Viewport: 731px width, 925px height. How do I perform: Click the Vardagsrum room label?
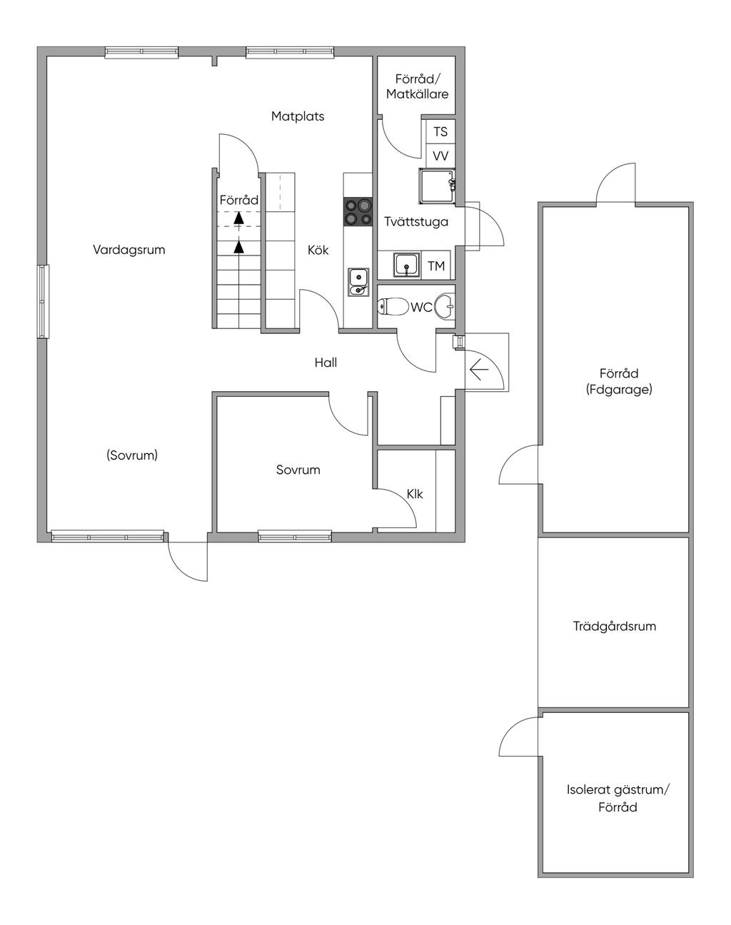[x=129, y=250]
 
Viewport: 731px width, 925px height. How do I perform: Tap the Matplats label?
[x=298, y=116]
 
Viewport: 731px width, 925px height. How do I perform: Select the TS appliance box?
[x=440, y=131]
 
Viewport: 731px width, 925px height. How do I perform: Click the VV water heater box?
[x=440, y=156]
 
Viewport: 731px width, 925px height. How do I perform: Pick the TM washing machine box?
[x=435, y=266]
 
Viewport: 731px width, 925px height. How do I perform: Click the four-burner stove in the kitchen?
[x=358, y=212]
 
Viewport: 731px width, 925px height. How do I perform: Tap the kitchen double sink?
[x=358, y=282]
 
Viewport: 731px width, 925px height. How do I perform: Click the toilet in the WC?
[x=393, y=307]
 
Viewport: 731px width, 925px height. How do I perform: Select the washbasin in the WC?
[x=445, y=306]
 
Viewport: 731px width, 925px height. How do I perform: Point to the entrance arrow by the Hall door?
[x=479, y=370]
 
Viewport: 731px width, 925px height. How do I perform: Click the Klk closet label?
[x=415, y=495]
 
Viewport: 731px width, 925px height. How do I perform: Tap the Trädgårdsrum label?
[x=615, y=626]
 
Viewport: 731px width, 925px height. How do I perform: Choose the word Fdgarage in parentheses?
[x=619, y=390]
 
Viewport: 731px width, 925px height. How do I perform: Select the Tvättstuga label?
[x=415, y=222]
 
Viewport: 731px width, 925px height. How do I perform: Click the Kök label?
[x=318, y=250]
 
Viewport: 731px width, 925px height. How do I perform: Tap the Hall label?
[x=326, y=363]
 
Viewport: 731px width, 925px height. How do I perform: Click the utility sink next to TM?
[x=406, y=266]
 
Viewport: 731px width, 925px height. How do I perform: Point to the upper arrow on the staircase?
[x=238, y=218]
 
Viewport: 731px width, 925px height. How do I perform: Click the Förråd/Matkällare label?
[x=417, y=86]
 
